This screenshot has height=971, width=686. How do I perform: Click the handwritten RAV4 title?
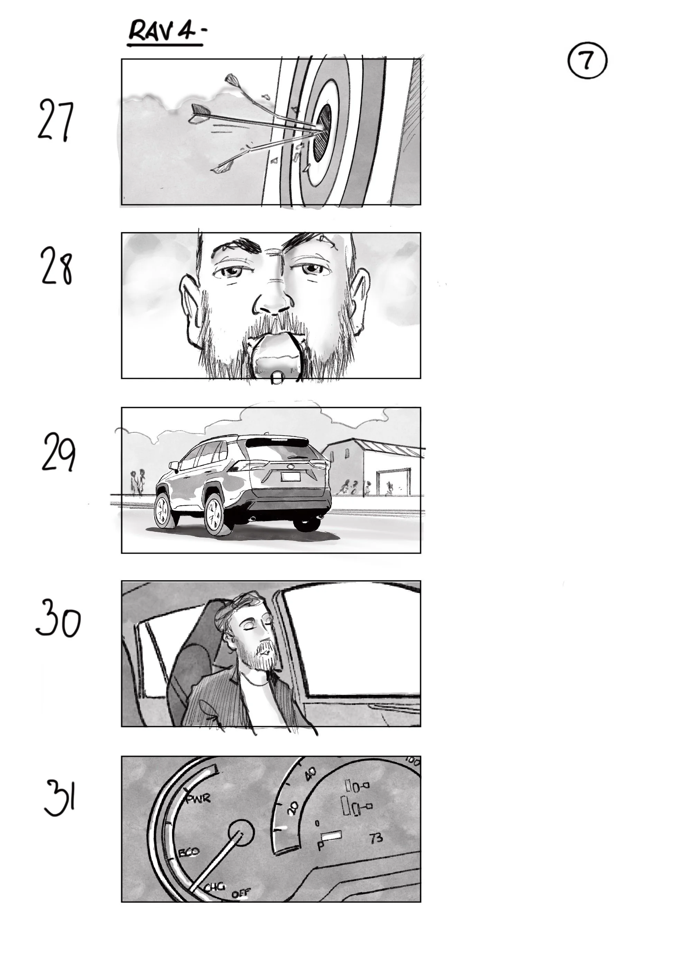pos(163,32)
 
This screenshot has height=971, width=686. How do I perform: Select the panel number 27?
pos(55,120)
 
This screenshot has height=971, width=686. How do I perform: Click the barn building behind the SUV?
pos(372,465)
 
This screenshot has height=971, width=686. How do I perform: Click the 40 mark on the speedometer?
pos(310,774)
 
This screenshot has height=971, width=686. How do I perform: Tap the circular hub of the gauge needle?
pos(241,833)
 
